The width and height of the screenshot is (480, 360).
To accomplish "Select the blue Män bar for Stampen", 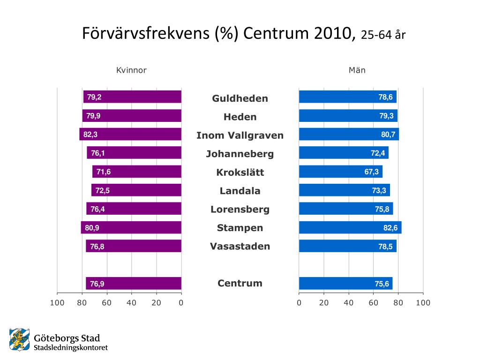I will click(350, 228).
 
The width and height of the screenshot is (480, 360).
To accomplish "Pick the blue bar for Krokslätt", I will click(340, 172).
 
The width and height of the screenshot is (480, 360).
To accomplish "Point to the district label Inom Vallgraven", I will click(240, 135).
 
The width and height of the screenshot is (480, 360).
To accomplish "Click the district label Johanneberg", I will click(240, 154).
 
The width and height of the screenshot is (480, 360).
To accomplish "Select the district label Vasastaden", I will click(240, 246).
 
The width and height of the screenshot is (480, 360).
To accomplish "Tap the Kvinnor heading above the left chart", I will click(132, 70).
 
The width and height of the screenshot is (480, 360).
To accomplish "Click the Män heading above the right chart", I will click(357, 70).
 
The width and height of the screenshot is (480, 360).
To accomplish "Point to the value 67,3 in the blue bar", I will click(372, 172).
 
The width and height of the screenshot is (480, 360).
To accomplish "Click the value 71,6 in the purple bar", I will click(104, 172).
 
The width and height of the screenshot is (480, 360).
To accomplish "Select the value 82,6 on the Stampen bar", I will click(390, 228).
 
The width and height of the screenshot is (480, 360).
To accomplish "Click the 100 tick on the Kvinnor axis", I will click(57, 303).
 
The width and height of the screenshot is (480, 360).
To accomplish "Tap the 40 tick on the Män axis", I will click(348, 303).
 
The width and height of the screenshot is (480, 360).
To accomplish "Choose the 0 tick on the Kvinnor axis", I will click(181, 303).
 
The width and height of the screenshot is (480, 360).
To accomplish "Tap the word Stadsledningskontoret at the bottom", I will click(71, 348).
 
